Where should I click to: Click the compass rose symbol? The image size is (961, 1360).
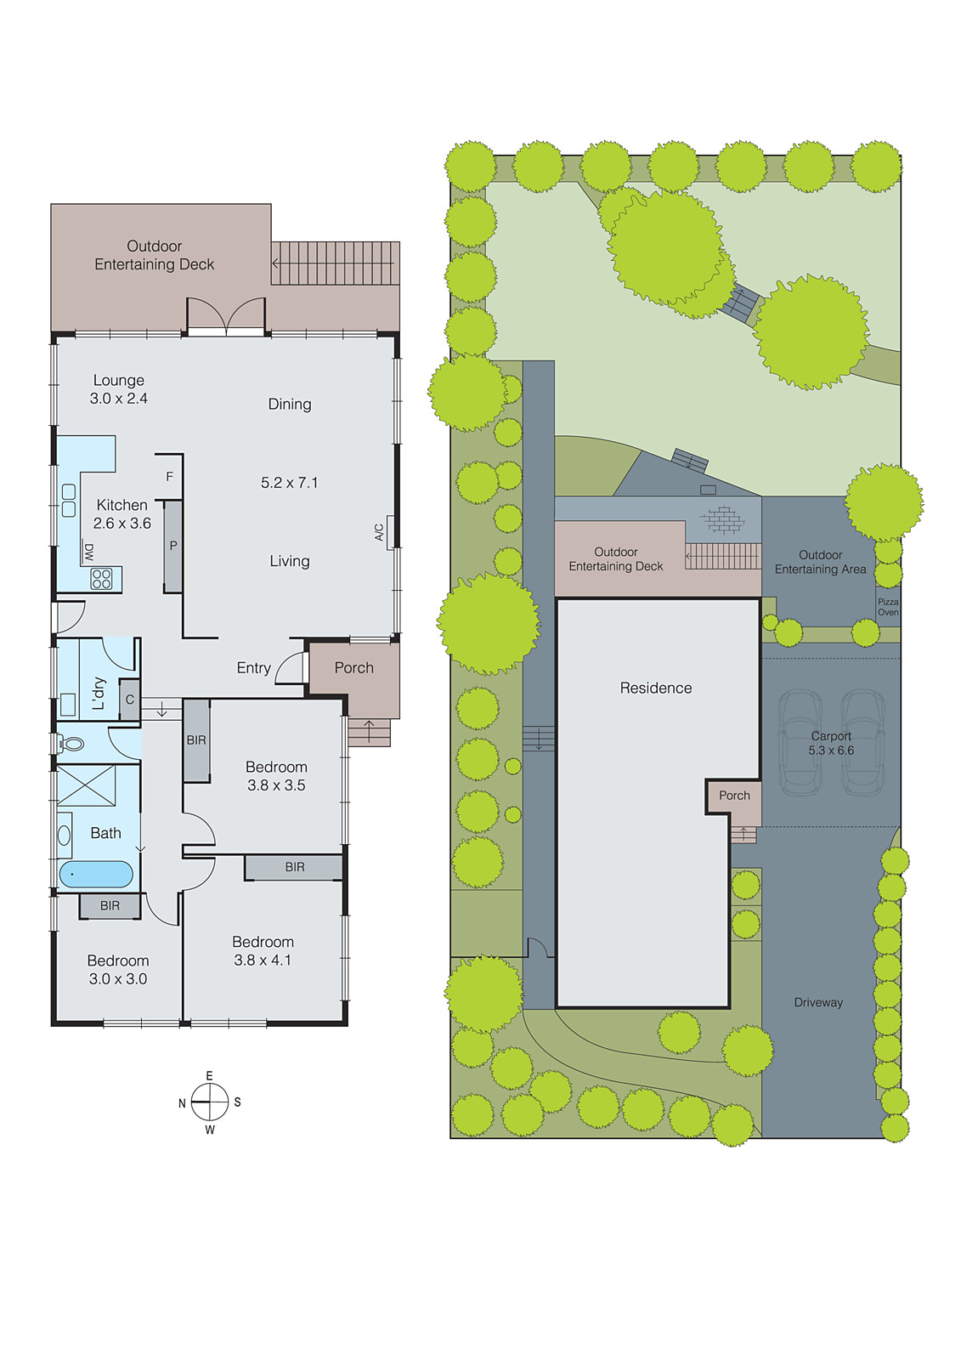point(209,1102)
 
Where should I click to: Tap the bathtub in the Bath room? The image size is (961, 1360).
point(96,875)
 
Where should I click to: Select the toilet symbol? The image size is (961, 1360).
point(71,743)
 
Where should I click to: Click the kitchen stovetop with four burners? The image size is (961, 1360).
point(101,579)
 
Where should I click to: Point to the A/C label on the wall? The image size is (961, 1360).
point(379,532)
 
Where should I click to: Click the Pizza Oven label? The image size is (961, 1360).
point(888,607)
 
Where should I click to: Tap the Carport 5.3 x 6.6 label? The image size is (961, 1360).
point(831,743)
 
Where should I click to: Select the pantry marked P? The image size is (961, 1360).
point(173,546)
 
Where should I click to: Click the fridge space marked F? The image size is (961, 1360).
point(169,477)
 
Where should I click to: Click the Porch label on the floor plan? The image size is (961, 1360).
point(354,668)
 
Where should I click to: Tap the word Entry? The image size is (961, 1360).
point(253,668)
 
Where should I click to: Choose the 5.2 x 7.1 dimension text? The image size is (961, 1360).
point(290,483)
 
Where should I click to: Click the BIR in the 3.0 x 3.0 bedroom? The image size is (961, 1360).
point(110,906)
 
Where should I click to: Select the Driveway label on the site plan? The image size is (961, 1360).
point(818,1002)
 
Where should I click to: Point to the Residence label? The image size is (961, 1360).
point(656,688)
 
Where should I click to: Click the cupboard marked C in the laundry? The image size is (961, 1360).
point(129,700)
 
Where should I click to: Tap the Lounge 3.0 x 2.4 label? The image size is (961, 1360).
point(119,389)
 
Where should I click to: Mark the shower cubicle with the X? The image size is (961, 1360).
point(86,785)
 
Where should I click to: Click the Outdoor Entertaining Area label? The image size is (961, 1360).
point(820,562)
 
